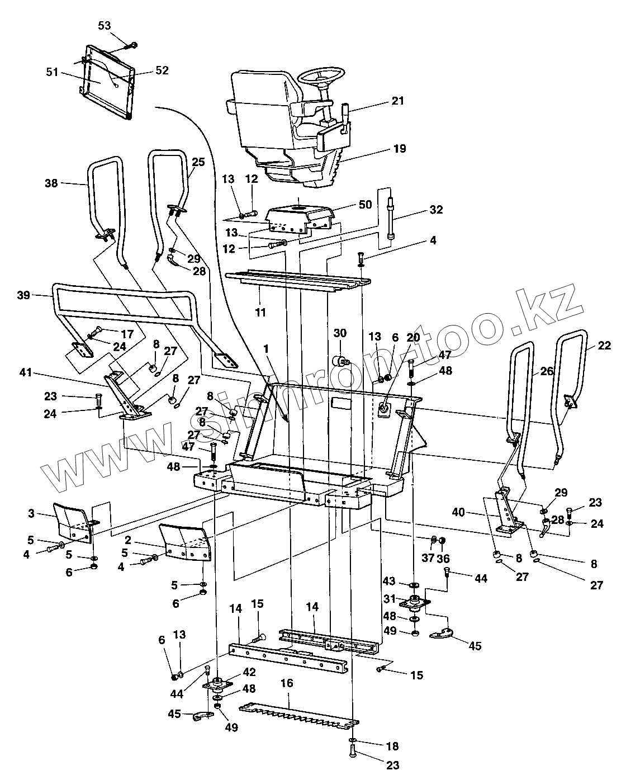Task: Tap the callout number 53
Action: point(105,26)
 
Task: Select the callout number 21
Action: point(413,101)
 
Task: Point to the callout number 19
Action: point(415,149)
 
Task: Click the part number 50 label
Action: point(365,206)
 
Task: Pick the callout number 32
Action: point(436,210)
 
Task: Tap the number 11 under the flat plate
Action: point(260,312)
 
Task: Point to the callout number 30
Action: point(340,333)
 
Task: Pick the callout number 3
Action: point(31,513)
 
